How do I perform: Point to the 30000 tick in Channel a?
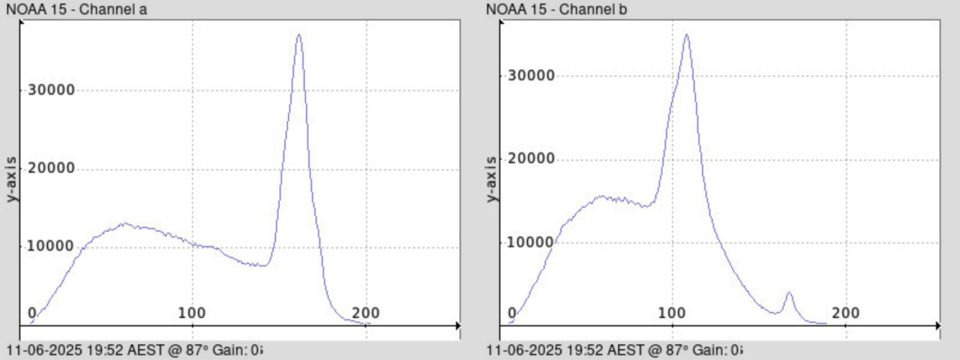click(51, 90)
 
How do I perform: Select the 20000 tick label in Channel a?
click(51, 168)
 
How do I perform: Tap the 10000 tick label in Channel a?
click(51, 246)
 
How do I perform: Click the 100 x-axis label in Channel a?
click(192, 313)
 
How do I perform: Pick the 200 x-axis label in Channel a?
click(366, 313)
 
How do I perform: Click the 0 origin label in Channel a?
click(32, 313)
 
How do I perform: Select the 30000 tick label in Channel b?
click(531, 76)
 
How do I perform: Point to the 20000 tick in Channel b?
click(531, 158)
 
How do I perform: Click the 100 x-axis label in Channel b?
click(672, 313)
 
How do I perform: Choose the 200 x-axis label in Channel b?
click(846, 313)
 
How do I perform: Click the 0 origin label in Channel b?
click(512, 313)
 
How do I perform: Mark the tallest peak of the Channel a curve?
click(299, 35)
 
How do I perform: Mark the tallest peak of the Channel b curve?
click(687, 35)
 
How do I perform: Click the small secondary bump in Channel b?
click(789, 293)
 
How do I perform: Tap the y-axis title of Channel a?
click(12, 178)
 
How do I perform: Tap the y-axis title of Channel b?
click(492, 178)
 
